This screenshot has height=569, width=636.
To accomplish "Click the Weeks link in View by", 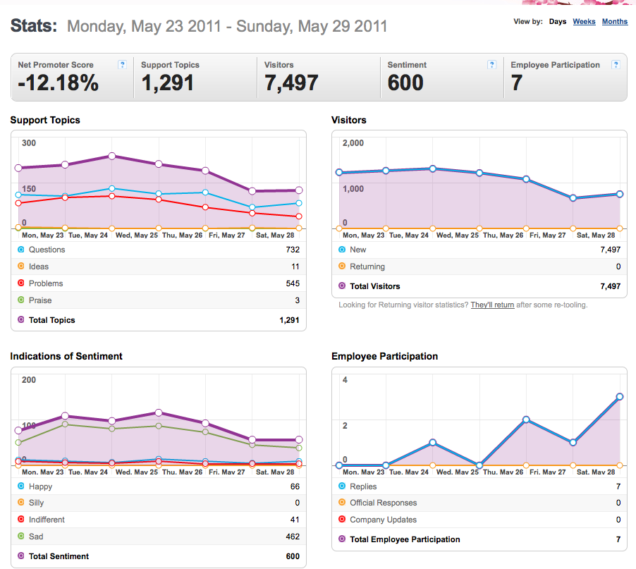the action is pyautogui.click(x=584, y=21).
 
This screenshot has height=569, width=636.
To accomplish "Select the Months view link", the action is pyautogui.click(x=615, y=21).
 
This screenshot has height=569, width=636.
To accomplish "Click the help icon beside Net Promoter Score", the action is pyautogui.click(x=122, y=64).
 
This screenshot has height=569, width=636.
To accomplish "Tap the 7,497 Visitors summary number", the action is pyautogui.click(x=291, y=82).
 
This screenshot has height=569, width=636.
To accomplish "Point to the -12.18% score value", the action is pyautogui.click(x=59, y=82).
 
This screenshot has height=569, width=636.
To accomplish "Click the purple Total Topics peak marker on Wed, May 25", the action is pyautogui.click(x=112, y=156).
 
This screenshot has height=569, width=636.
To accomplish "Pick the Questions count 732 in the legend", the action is pyautogui.click(x=293, y=250).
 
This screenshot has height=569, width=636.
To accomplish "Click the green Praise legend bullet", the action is pyautogui.click(x=21, y=300).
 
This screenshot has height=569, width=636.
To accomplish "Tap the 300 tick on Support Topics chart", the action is pyautogui.click(x=29, y=142).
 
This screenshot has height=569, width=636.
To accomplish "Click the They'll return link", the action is pyautogui.click(x=492, y=305).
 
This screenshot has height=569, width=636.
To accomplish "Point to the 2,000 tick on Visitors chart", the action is pyautogui.click(x=353, y=142).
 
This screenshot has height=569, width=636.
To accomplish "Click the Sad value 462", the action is pyautogui.click(x=293, y=537).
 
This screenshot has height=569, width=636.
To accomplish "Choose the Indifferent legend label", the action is pyautogui.click(x=47, y=520).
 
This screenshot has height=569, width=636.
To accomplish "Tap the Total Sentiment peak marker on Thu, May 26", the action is pyautogui.click(x=159, y=413).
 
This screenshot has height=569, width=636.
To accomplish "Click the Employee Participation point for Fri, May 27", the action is pyautogui.click(x=526, y=420).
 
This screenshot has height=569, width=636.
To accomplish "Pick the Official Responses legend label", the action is pyautogui.click(x=384, y=503).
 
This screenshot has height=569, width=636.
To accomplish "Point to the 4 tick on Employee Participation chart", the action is pyautogui.click(x=345, y=380).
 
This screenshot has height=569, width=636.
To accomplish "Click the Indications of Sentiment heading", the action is pyautogui.click(x=66, y=356).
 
